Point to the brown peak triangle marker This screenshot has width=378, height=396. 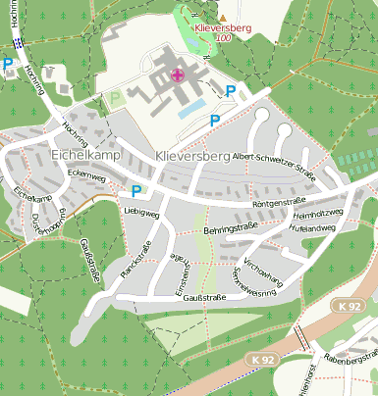(x=222, y=18)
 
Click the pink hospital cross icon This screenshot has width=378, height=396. (x=177, y=74)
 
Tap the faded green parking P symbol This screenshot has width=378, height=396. (x=115, y=99)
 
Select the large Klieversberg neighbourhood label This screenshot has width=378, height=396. (x=191, y=156)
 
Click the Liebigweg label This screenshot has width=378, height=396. (x=141, y=212)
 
